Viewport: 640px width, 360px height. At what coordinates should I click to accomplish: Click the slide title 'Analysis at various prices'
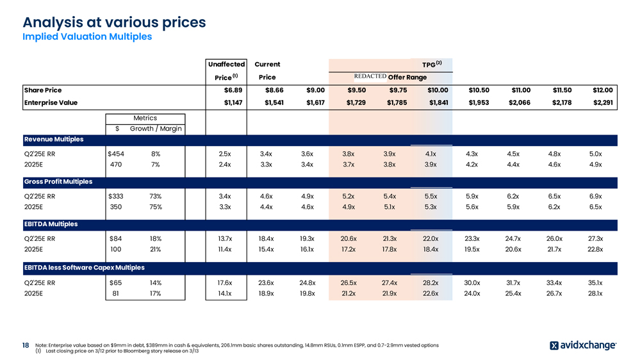(x=114, y=22)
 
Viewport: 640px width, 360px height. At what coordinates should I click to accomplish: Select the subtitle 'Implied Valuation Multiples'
(x=87, y=37)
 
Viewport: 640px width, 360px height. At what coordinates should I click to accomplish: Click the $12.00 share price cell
(x=603, y=90)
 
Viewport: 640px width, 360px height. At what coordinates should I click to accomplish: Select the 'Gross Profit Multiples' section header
(x=58, y=182)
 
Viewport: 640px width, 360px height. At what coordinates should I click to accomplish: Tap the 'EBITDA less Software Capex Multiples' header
(x=83, y=267)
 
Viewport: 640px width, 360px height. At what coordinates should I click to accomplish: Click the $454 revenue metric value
(x=116, y=154)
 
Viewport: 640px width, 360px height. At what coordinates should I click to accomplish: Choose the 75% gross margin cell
(x=156, y=207)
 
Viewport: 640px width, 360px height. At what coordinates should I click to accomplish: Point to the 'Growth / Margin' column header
(x=156, y=129)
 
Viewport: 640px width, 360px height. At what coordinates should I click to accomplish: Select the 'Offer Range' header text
(x=407, y=78)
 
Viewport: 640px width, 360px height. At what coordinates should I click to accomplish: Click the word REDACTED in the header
(x=370, y=77)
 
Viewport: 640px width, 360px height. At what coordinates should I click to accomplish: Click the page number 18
(x=26, y=345)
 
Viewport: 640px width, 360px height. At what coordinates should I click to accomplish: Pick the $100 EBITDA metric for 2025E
(x=115, y=249)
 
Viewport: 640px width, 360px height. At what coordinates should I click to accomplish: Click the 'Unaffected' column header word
(x=227, y=64)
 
